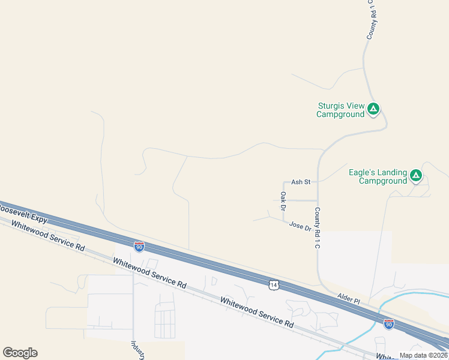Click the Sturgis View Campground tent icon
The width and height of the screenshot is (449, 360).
tap(373, 109)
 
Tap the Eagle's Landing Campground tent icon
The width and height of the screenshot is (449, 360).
tap(416, 176)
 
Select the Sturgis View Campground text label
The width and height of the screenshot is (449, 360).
tap(341, 110)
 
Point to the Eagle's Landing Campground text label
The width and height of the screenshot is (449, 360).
tap(378, 176)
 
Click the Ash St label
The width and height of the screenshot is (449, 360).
tap(300, 182)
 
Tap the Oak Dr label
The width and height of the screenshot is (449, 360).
tap(283, 201)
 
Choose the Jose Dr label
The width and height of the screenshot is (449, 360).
tap(300, 226)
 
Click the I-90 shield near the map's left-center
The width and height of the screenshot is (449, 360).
tap(139, 246)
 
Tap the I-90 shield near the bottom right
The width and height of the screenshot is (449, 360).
tap(389, 324)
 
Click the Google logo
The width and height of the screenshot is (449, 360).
tap(20, 353)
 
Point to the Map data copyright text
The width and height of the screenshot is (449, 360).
tap(424, 355)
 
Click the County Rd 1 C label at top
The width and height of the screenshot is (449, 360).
tap(372, 20)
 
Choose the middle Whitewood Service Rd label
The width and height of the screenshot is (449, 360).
tap(149, 272)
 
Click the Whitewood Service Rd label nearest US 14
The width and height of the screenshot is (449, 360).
tap(256, 312)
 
